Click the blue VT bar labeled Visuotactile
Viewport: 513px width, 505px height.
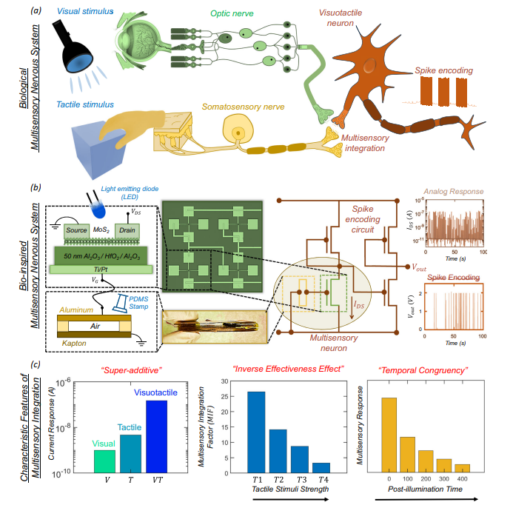[156, 435]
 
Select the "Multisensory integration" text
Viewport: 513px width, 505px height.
[371, 143]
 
